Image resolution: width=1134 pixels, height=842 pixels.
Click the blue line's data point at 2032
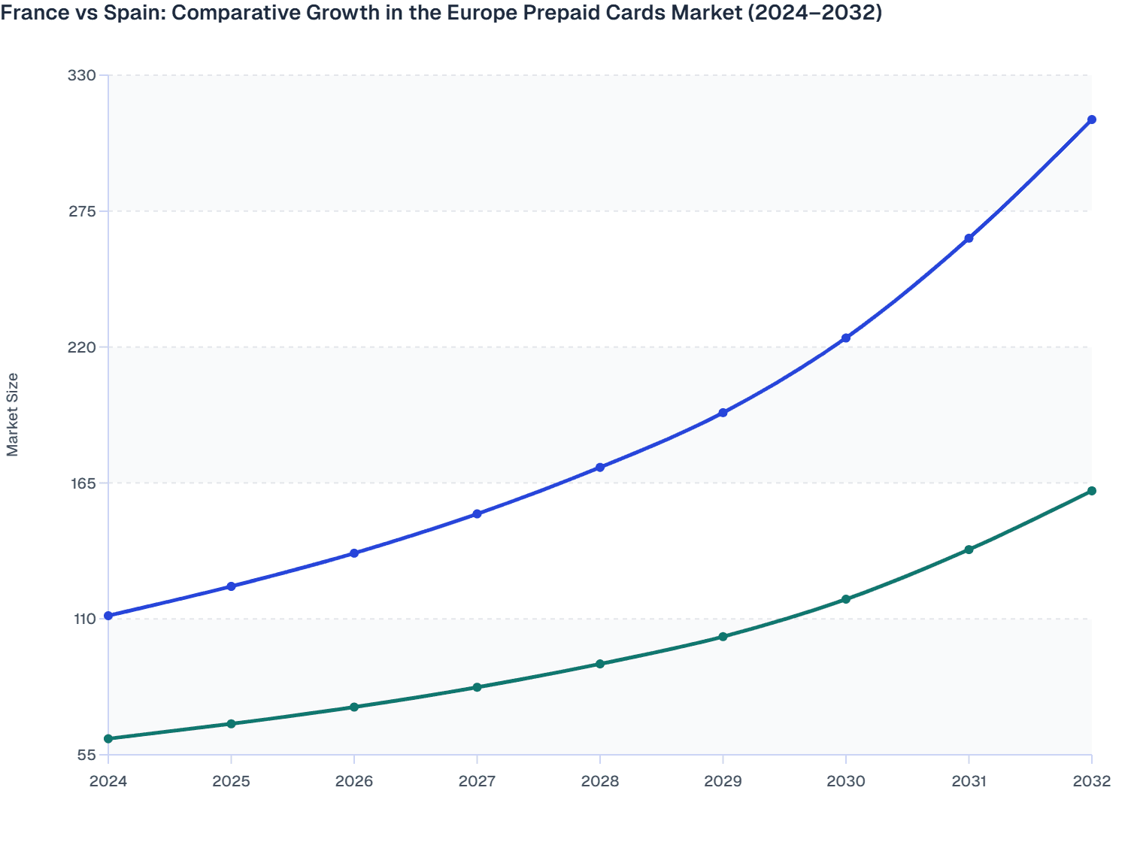[x=1091, y=120]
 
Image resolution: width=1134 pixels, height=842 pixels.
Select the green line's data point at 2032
[x=1091, y=491]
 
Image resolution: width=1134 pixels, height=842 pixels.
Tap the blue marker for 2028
[x=600, y=468]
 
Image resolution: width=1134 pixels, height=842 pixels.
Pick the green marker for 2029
[x=723, y=637]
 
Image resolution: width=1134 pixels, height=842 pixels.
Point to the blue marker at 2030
[x=846, y=338]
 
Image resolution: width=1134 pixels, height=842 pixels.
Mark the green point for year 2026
[x=354, y=707]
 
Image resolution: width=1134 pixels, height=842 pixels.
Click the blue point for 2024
[x=108, y=616]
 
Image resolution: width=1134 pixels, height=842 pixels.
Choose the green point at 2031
[x=969, y=550]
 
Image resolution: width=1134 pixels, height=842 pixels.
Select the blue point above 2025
[x=232, y=586]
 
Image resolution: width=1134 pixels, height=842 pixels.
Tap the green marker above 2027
[x=477, y=687]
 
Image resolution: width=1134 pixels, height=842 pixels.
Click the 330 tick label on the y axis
[x=82, y=75]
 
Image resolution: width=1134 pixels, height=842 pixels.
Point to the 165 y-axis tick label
[x=82, y=483]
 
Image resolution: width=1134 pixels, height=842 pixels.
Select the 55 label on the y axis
[x=86, y=755]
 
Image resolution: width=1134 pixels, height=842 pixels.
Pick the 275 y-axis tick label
[x=82, y=211]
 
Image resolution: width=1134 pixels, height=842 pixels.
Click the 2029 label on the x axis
[x=723, y=781]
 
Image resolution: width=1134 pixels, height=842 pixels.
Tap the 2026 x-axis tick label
[x=354, y=781]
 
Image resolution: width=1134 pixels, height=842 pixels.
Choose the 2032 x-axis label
[x=1091, y=781]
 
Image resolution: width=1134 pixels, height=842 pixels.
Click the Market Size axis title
[x=13, y=414]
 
